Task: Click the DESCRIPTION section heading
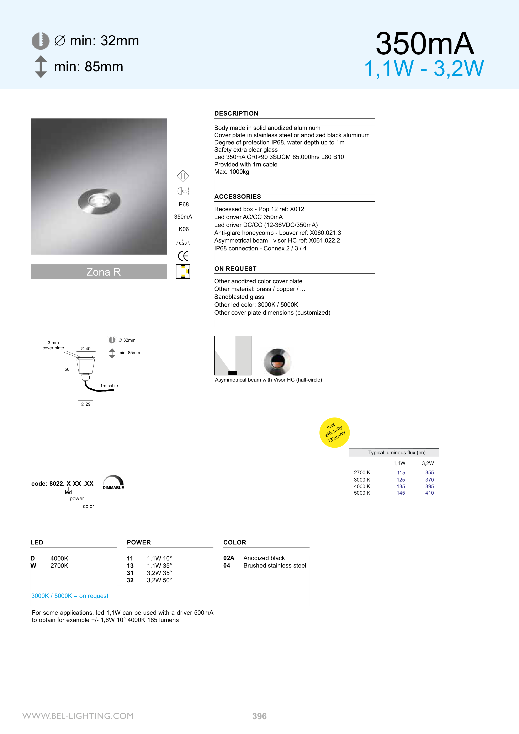pos(236,113)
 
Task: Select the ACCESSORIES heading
pos(237,197)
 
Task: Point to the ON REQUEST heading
pos(235,268)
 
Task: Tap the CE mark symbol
pos(183,256)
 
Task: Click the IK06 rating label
pos(183,229)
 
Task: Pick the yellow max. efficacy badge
pos(334,432)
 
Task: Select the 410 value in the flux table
pos(429,493)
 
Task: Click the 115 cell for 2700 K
pos(401,473)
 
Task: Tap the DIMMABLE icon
pos(113,482)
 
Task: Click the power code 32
pos(130,580)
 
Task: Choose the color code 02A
pos(229,558)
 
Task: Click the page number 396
pos(259,716)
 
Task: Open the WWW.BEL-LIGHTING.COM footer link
pos(78,716)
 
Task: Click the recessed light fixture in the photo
pos(99,201)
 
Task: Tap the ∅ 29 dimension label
pos(86,404)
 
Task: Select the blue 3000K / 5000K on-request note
pos(70,596)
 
